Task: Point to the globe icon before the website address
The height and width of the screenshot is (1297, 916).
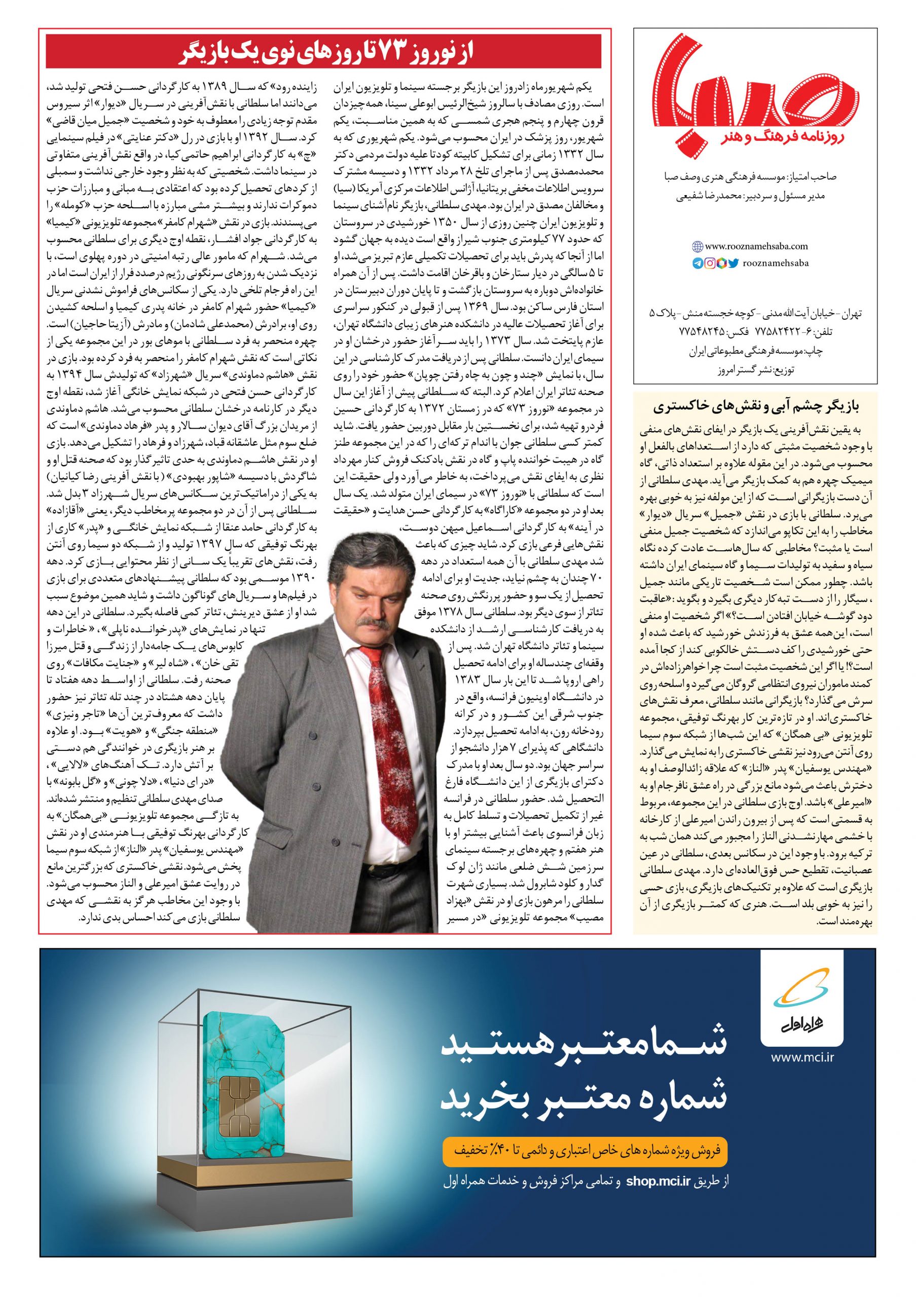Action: point(698,246)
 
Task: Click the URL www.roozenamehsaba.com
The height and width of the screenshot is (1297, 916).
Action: point(757,246)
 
